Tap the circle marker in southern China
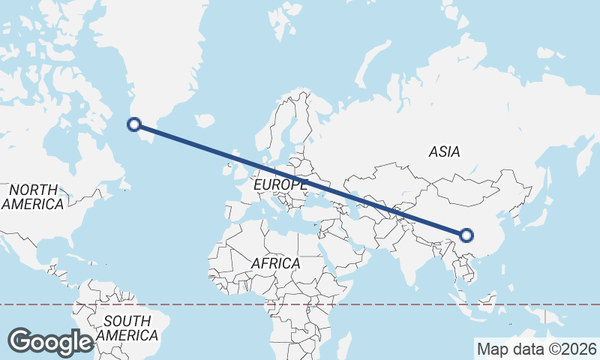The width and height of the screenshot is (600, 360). pos(466,235)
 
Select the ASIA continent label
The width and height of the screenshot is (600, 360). pos(444,151)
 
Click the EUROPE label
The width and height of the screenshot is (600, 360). pos(280,184)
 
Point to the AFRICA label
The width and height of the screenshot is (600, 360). pos(276,264)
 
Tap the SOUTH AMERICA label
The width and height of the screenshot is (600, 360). pos(127,328)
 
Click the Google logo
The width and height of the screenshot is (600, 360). pos(51,342)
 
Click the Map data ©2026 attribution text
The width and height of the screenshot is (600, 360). pos(536,349)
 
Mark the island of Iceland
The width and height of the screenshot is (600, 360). pos(203,120)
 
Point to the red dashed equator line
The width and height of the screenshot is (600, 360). pos(375,304)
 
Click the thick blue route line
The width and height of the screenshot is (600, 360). pos(300,179)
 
